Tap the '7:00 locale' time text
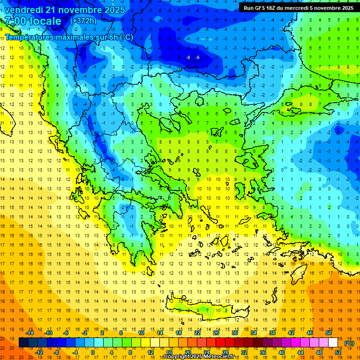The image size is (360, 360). (33, 21)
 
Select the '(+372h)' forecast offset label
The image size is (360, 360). (83, 21)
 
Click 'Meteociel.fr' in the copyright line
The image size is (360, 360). (215, 357)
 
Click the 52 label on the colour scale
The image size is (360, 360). (337, 352)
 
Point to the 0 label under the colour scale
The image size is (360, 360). (92, 352)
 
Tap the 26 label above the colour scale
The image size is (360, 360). (216, 333)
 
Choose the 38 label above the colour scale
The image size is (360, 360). (272, 333)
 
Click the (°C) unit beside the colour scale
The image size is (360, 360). (349, 343)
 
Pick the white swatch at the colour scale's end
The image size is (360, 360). (333, 343)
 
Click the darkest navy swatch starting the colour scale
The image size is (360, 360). (23, 343)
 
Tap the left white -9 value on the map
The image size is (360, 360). (188, 57)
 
